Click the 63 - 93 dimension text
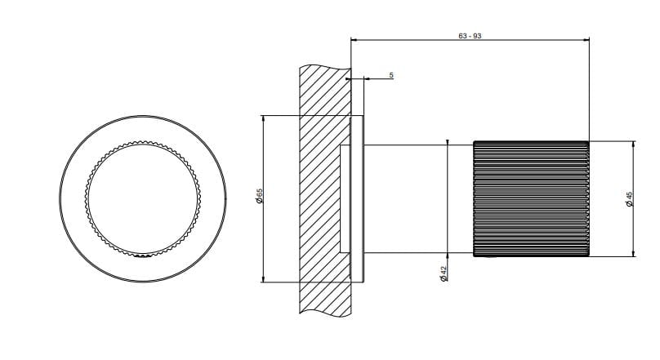(470, 36)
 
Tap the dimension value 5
(391, 75)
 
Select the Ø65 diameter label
(259, 197)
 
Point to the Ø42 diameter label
(443, 273)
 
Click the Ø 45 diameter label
(630, 199)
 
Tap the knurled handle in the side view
(531, 199)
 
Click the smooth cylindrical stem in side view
(418, 199)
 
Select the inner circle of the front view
(143, 199)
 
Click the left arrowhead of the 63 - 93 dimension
(354, 40)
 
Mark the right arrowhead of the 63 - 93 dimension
(586, 40)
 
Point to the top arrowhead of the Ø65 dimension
(264, 118)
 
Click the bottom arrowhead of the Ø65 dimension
(264, 279)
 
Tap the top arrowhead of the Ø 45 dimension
(634, 144)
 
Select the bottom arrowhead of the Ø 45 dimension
(634, 253)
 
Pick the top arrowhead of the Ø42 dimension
(448, 142)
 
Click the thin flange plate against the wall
(357, 199)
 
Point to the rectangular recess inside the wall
(346, 199)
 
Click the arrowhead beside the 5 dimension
(367, 78)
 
